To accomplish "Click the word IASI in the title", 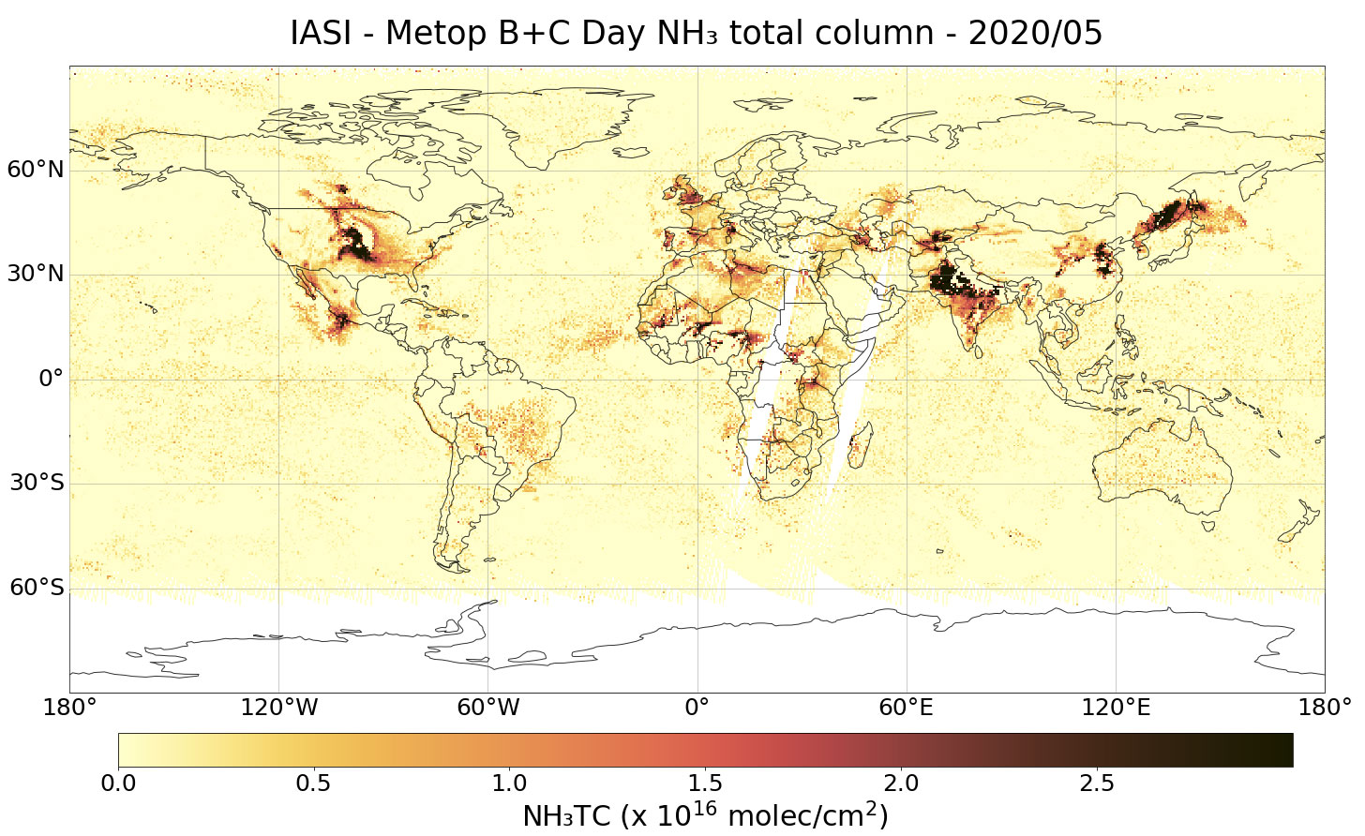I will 319,34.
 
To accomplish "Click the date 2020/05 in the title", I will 1035,34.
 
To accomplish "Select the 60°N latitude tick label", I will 37,170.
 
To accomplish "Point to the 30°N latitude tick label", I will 37,274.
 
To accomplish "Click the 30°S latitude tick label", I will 37,483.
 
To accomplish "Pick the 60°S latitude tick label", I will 37,588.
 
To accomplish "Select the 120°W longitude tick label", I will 279,707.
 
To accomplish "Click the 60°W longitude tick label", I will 488,707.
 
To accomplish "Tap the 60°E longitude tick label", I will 907,707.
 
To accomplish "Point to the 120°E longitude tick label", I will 1116,707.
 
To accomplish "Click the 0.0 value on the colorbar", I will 118,783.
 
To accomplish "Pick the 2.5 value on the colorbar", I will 1097,783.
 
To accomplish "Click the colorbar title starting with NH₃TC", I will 705,815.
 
